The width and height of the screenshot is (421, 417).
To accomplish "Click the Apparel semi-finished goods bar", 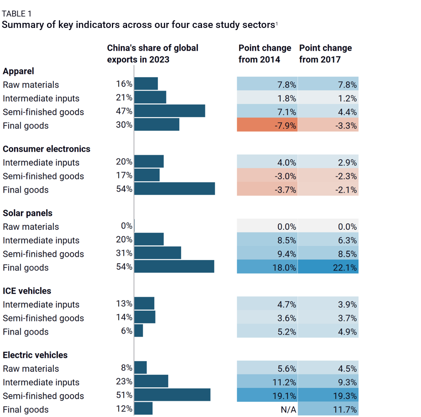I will click(x=169, y=111).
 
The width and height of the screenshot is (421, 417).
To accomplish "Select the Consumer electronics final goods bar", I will click(x=174, y=189).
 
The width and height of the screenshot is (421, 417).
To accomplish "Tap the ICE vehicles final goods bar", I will click(x=138, y=331).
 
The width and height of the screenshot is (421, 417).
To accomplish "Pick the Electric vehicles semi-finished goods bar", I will click(x=172, y=395).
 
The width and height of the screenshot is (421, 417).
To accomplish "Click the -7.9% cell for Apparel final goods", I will click(x=267, y=125).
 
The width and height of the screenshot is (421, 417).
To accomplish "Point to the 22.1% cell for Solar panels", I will click(x=328, y=267).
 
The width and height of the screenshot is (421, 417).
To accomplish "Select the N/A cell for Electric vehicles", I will click(x=267, y=409).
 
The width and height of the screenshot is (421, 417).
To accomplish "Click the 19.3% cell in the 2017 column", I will click(x=328, y=395).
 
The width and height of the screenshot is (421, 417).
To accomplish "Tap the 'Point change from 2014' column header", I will click(x=265, y=53).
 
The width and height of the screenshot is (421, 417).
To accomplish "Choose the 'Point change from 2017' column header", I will click(x=325, y=53).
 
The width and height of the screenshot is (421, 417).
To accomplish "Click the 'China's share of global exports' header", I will click(x=152, y=53).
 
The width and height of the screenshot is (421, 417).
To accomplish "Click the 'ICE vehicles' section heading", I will click(x=27, y=291).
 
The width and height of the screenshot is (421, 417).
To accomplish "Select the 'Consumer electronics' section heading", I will click(x=46, y=149).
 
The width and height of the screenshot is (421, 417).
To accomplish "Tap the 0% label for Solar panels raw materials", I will click(x=126, y=226).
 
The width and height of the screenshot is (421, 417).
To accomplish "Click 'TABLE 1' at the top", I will click(x=17, y=14).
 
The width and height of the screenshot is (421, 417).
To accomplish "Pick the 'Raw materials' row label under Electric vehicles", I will click(x=31, y=368).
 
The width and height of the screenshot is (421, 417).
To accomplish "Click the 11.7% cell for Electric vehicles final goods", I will click(x=328, y=409).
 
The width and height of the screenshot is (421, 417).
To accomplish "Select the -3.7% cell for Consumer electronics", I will click(x=267, y=190).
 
